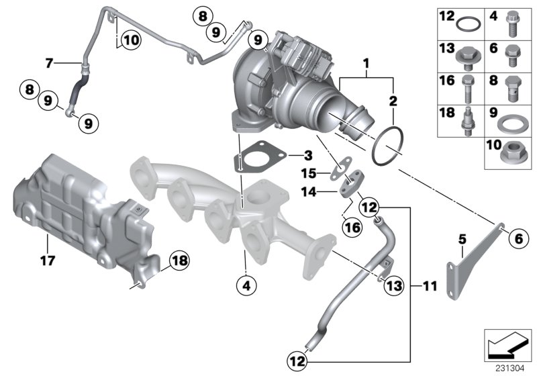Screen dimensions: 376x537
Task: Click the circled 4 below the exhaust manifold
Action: pyautogui.click(x=246, y=285)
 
